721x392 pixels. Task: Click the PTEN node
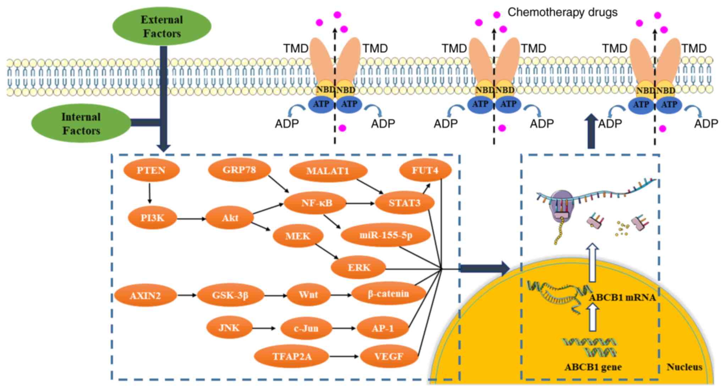(x=152, y=170)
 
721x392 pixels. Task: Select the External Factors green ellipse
(x=162, y=26)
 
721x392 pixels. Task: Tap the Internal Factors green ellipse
(x=81, y=124)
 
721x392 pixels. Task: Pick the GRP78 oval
(x=239, y=170)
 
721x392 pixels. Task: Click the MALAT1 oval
(x=328, y=171)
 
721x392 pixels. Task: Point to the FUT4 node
(x=425, y=170)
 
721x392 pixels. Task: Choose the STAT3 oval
(x=404, y=203)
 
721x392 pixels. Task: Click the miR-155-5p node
(x=386, y=235)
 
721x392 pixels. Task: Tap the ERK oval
(x=358, y=267)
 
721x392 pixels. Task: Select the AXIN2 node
(x=145, y=295)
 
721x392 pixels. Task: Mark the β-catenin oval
(x=388, y=294)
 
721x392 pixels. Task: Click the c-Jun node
(x=306, y=328)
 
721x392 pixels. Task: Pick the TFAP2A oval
(x=292, y=356)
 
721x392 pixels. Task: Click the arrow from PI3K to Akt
(x=191, y=219)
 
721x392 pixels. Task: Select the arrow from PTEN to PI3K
(x=149, y=193)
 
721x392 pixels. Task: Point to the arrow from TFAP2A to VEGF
(x=344, y=356)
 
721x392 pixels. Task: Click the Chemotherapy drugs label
(x=562, y=12)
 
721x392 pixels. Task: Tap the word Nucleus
(x=684, y=367)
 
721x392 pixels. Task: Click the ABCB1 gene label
(x=593, y=367)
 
